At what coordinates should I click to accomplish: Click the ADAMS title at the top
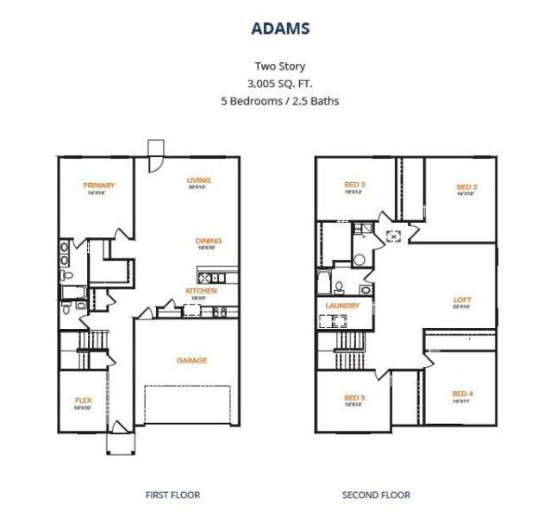coord(280,28)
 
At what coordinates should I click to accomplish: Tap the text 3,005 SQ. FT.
coord(279,83)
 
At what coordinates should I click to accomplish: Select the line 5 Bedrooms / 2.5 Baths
coord(279,100)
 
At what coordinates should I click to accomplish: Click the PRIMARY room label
coord(99,185)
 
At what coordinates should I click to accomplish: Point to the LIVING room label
coord(199,180)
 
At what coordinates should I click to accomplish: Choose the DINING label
coord(209,241)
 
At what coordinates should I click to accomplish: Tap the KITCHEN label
coord(201,291)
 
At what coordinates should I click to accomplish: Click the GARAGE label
coord(191,360)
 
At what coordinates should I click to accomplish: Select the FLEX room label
coord(84,400)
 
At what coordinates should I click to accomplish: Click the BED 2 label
coord(466,187)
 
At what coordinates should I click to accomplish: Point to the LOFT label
coord(462,300)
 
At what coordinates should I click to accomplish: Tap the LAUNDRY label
coord(342,306)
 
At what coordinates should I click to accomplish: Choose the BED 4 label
coord(462,395)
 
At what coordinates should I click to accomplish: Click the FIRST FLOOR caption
coord(172,495)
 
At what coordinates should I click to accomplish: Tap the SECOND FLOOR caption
coord(376,495)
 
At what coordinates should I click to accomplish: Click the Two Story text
coord(279,66)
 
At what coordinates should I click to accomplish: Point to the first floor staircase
coord(94,351)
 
